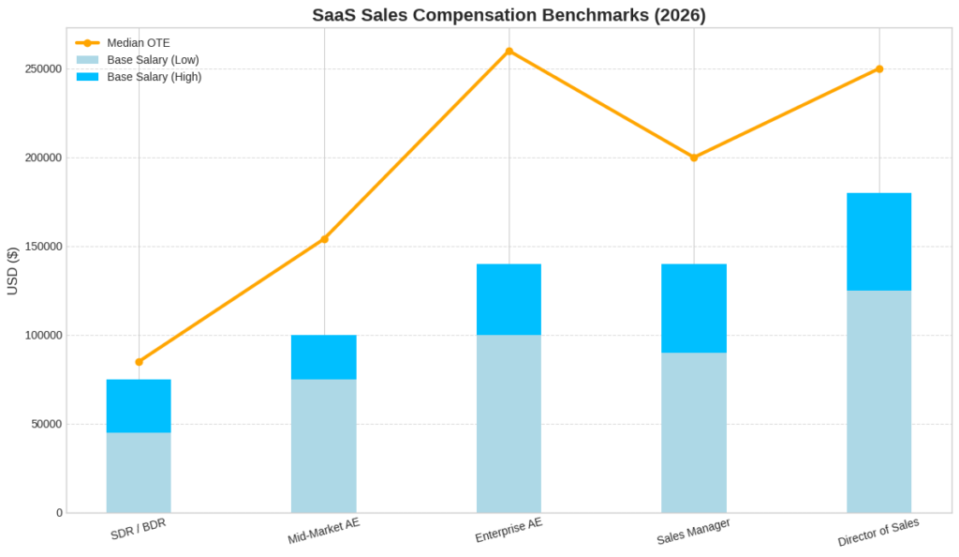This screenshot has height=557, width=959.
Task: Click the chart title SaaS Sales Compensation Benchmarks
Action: (x=509, y=15)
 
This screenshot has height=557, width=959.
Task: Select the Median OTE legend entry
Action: (x=139, y=43)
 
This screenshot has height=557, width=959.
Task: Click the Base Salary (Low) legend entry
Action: (x=153, y=60)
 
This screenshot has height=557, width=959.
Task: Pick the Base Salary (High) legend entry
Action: (x=154, y=77)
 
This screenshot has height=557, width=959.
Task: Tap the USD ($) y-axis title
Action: (x=13, y=271)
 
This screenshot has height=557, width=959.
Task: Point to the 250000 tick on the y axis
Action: (x=44, y=69)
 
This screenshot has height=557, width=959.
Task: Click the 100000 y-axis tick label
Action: (x=44, y=336)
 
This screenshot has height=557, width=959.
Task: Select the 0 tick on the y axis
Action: (x=59, y=513)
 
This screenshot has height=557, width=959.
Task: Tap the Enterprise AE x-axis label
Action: (x=509, y=532)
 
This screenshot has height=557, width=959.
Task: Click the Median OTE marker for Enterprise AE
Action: (x=509, y=51)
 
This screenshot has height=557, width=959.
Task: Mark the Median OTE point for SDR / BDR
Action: (x=139, y=362)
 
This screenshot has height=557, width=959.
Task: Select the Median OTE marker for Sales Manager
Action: (x=694, y=158)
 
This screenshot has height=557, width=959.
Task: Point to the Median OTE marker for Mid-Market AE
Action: (x=324, y=239)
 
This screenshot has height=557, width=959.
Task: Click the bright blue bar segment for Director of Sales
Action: (x=878, y=242)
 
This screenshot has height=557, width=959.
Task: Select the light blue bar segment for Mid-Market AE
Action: (x=324, y=445)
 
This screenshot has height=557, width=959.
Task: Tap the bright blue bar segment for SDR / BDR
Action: (x=139, y=406)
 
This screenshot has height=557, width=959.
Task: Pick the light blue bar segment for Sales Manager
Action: (x=694, y=432)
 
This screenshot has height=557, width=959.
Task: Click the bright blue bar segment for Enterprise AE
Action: (x=509, y=300)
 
